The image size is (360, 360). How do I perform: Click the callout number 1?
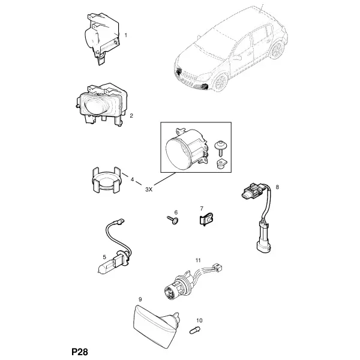(125, 35)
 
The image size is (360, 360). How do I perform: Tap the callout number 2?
(131, 115)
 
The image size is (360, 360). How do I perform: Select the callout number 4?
(132, 179)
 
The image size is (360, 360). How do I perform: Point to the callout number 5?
(104, 257)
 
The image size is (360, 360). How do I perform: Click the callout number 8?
(277, 187)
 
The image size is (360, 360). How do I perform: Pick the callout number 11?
(198, 260)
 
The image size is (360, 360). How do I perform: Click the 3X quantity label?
(149, 190)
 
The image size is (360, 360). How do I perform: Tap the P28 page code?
(80, 352)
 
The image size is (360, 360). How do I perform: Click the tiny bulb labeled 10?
(194, 331)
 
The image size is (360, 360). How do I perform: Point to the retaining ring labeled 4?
(106, 181)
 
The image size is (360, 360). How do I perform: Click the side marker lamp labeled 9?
(155, 322)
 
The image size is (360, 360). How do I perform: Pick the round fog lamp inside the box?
(187, 149)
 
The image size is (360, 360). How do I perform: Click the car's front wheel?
(221, 82)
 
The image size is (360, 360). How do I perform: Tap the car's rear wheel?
(277, 50)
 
